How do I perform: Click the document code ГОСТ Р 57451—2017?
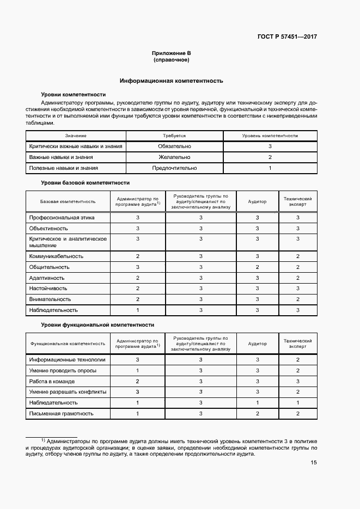tap(287, 37)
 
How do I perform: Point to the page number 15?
tap(314, 463)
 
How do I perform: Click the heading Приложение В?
tap(172, 53)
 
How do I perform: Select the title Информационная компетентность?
tap(172, 81)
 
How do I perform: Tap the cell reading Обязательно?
tap(175, 146)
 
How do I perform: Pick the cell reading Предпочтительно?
tap(175, 168)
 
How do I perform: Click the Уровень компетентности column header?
tap(270, 135)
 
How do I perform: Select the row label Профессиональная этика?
tap(62, 217)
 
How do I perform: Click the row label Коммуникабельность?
tap(56, 256)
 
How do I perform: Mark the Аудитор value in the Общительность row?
tap(258, 267)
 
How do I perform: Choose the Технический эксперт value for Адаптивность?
tap(298, 278)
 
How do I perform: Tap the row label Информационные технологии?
tap(68, 360)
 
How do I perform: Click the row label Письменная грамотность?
tap(61, 414)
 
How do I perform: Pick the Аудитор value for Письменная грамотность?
tap(258, 414)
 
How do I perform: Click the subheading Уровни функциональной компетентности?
tap(97, 324)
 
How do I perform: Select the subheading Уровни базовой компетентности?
tap(86, 183)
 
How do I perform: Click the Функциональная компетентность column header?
tap(68, 344)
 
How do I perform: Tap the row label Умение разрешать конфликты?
tap(68, 392)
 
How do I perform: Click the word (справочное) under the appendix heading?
tap(172, 60)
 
